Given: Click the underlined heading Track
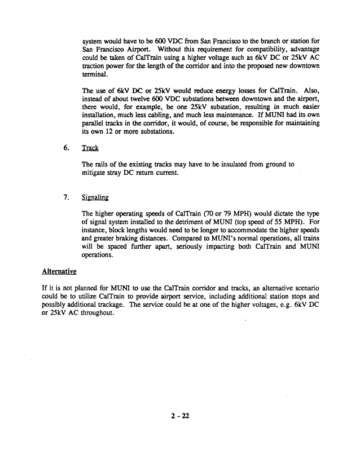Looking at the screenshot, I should pyautogui.click(x=90, y=148).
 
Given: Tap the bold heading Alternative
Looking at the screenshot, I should pyautogui.click(x=59, y=271).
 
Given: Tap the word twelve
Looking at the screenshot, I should pyautogui.click(x=142, y=106).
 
